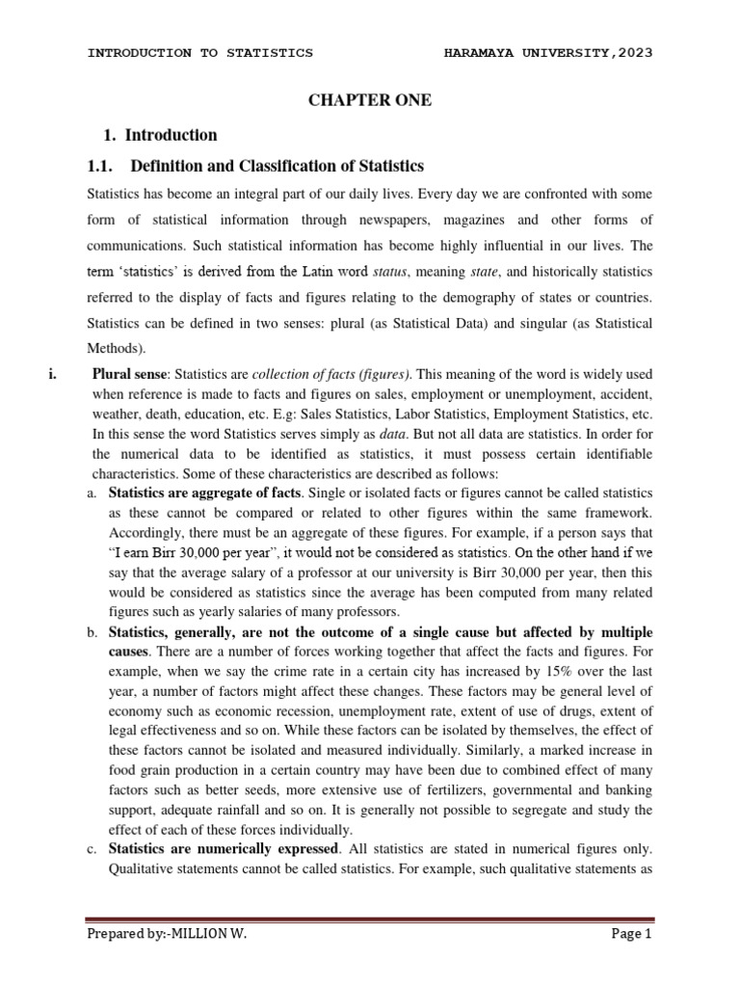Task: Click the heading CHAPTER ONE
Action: tap(369, 100)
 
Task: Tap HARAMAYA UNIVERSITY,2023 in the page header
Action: tap(547, 53)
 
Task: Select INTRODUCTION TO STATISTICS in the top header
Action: tap(200, 53)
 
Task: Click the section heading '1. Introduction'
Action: tap(160, 135)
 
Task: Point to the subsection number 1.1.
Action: tap(116, 167)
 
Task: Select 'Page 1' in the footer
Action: tap(631, 933)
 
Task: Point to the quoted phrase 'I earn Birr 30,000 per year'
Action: tap(199, 553)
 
